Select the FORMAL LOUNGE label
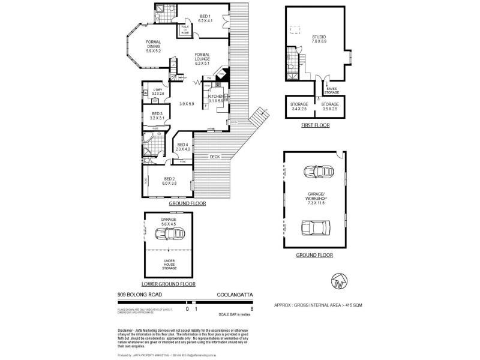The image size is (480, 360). point(202,58)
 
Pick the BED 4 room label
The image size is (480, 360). point(183,145)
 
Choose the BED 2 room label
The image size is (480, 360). point(170,181)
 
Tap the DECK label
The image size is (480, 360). point(214,157)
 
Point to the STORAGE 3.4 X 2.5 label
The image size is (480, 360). point(299,106)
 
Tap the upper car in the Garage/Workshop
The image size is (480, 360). point(314,172)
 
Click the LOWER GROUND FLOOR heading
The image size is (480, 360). point(168,283)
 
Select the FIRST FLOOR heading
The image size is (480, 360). point(315,125)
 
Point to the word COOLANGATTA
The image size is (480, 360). point(234,295)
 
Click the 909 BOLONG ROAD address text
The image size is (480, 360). point(139,295)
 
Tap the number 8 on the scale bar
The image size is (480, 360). point(252,309)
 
